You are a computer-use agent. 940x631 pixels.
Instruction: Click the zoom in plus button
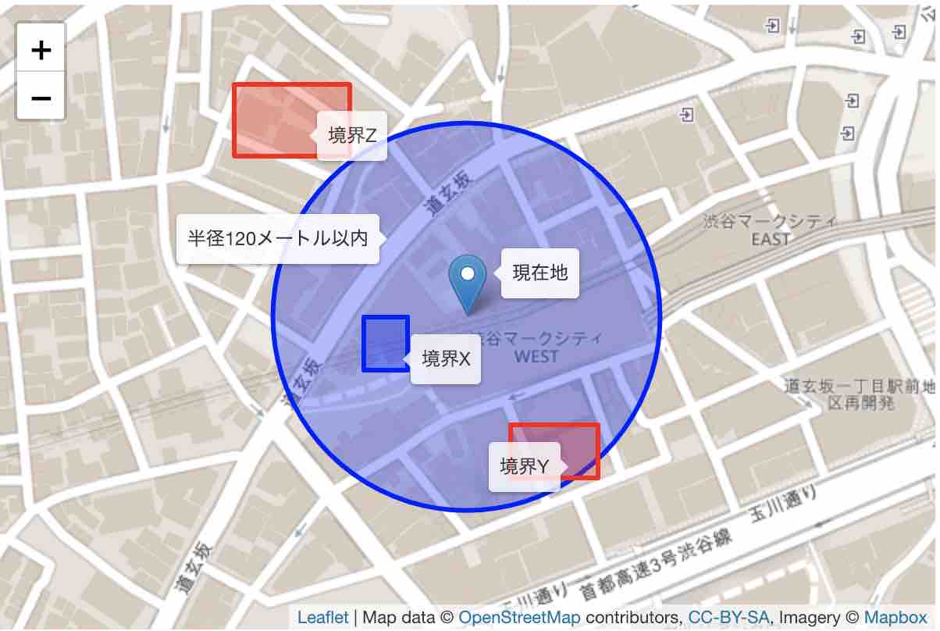(x=41, y=50)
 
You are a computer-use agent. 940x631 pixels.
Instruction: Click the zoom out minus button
(x=41, y=98)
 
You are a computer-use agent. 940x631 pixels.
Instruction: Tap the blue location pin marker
(x=468, y=282)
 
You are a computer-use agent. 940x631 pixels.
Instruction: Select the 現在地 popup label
(x=539, y=273)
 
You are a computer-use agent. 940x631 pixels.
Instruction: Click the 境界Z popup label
(x=352, y=136)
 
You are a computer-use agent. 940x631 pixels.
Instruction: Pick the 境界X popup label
(x=446, y=358)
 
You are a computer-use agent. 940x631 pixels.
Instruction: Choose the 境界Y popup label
(x=524, y=466)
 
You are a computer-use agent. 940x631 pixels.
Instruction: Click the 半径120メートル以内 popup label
(x=277, y=238)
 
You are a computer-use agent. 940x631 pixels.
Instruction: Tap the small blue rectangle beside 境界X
(x=386, y=343)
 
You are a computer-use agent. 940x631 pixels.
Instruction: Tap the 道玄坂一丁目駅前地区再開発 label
(x=859, y=394)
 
